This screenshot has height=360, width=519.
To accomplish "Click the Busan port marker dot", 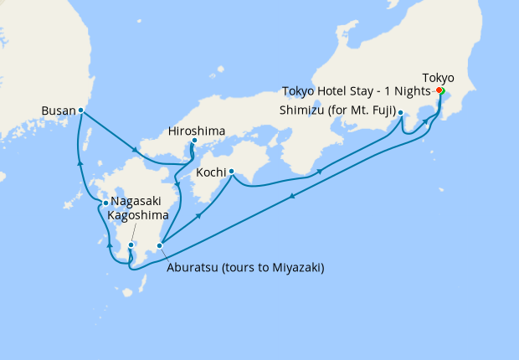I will click(80, 111).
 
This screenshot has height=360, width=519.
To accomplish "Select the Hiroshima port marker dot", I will click(194, 141).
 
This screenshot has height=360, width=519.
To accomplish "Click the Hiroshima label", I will click(195, 130).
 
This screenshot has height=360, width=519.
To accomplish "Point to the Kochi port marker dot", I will click(230, 173).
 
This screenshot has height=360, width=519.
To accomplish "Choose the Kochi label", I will click(209, 173).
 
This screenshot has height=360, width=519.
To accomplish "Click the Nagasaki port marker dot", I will click(105, 203).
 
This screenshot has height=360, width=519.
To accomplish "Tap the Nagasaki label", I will click(137, 203).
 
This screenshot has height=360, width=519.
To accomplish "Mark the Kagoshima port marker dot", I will click(131, 244).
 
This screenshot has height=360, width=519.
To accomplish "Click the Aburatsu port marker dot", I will click(159, 245).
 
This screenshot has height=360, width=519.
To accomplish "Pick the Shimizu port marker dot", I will click(401, 112).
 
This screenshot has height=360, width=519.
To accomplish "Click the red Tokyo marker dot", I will click(439, 91).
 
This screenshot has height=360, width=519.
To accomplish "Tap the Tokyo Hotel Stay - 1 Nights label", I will click(356, 90).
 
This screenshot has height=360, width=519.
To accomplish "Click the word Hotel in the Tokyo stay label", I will click(335, 90).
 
